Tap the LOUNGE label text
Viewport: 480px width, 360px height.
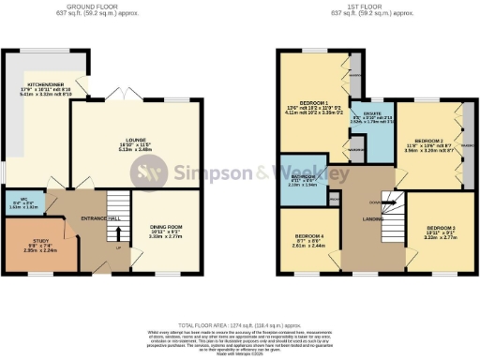(137, 136)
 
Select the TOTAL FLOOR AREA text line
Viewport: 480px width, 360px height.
(240, 320)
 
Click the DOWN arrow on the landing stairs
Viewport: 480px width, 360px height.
(376, 202)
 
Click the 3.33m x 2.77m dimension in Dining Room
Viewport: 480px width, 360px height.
(165, 236)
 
